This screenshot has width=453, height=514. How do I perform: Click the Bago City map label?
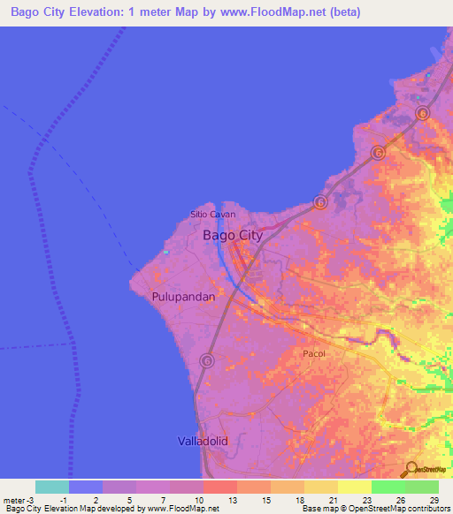pos(233,235)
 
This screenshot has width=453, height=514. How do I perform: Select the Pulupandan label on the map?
pos(183,298)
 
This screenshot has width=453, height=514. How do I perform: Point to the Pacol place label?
pos(315,353)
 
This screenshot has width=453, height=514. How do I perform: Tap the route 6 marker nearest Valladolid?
pos(207,360)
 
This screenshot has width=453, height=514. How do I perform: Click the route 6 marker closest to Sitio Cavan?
pos(319,203)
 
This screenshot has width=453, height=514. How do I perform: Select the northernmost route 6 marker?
pos(422,114)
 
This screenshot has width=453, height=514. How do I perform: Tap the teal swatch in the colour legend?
pos(51,487)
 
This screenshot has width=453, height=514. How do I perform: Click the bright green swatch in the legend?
pos(388,487)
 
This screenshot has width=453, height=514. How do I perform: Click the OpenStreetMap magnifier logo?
pos(411,469)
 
